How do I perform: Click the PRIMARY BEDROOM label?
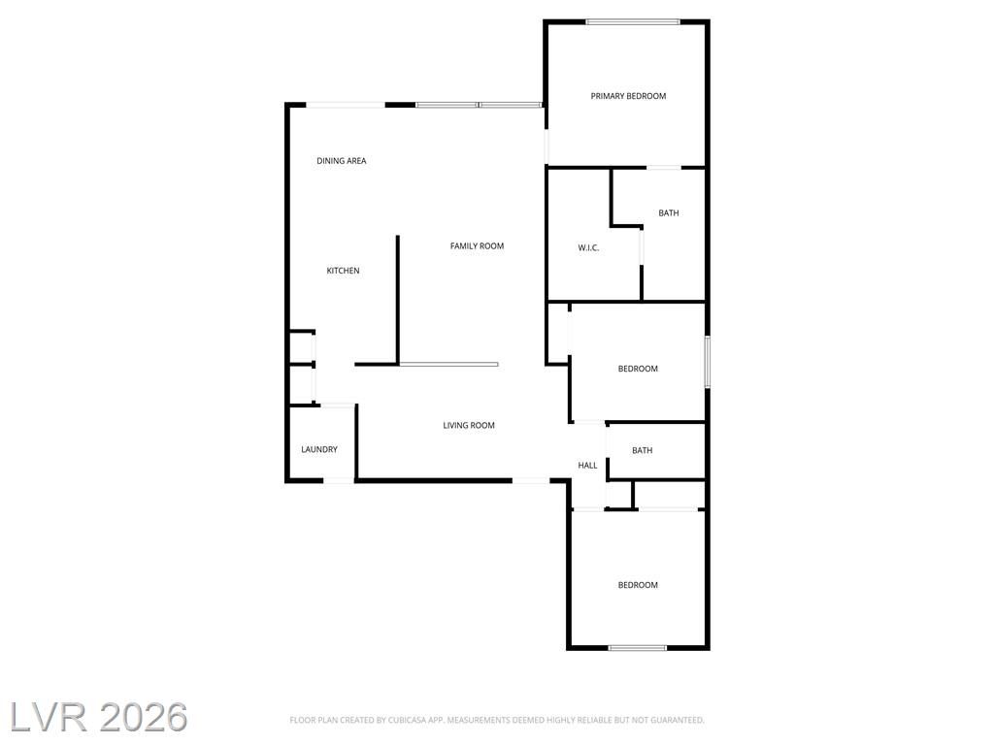tap(628, 96)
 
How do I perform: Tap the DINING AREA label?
tap(342, 161)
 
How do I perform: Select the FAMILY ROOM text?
tap(478, 245)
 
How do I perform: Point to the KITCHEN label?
tap(343, 271)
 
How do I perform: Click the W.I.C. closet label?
tap(588, 247)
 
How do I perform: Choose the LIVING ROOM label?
tap(469, 425)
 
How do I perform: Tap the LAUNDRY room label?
tap(319, 449)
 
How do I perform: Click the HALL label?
tap(587, 465)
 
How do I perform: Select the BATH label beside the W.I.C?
tap(669, 212)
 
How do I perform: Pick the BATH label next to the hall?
tap(643, 450)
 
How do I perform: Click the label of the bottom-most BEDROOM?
tap(639, 585)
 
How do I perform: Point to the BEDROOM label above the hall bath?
tap(639, 369)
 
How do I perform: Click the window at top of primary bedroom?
tap(633, 22)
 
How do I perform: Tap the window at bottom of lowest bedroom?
tap(638, 647)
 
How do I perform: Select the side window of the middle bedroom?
tap(708, 362)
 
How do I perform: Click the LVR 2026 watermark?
tap(99, 717)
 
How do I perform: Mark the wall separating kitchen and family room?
tap(397, 301)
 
